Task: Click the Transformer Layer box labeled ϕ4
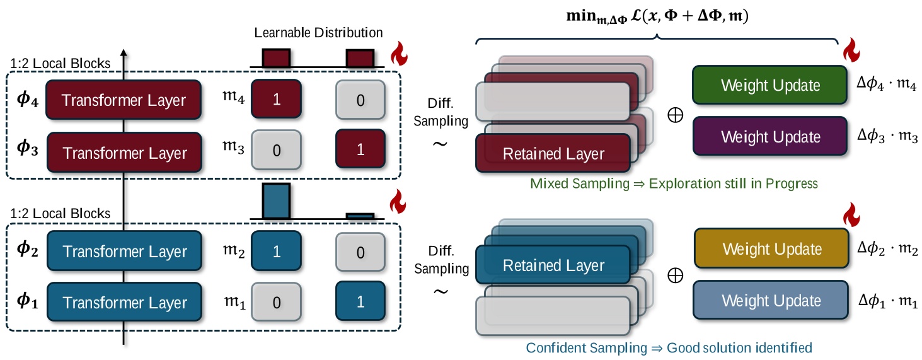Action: [125, 100]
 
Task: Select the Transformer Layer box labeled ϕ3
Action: [125, 153]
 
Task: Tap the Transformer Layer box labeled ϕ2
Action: [125, 252]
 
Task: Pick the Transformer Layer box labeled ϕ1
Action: [125, 303]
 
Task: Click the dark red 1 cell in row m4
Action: [275, 100]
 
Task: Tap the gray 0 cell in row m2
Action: [360, 252]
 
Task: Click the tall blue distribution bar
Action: [276, 201]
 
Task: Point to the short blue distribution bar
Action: [360, 216]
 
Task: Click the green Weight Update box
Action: [771, 86]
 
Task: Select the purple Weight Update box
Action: [771, 136]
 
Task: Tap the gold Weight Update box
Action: [772, 248]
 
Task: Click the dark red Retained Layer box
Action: [553, 153]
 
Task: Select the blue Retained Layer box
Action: [553, 265]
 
